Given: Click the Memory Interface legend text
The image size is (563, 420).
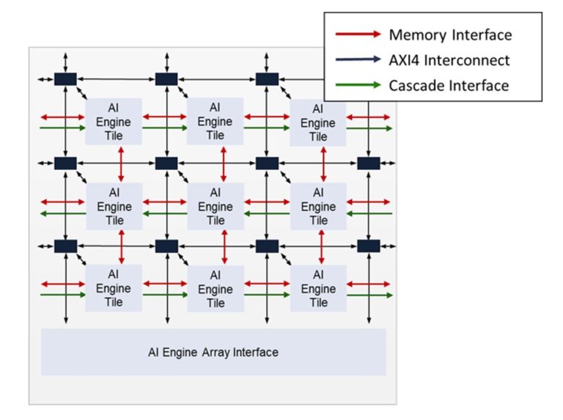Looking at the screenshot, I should pyautogui.click(x=450, y=34).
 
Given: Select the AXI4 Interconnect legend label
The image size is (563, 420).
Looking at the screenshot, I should pyautogui.click(x=449, y=60).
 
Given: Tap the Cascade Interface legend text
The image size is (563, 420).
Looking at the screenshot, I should pyautogui.click(x=449, y=86).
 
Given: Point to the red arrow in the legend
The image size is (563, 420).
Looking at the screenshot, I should pyautogui.click(x=357, y=34).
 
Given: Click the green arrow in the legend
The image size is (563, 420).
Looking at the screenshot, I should pyautogui.click(x=357, y=85).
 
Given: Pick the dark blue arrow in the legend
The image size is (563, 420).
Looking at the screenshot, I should pyautogui.click(x=357, y=60).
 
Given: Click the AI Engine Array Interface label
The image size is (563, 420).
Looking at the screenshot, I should pyautogui.click(x=213, y=353).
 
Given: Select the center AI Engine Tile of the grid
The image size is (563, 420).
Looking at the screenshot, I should pyautogui.click(x=216, y=206).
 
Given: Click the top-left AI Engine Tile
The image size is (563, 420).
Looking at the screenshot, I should pyautogui.click(x=114, y=122).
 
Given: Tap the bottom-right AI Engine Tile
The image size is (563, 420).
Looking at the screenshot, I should pyautogui.click(x=318, y=288).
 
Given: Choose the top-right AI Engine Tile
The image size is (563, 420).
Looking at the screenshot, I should pyautogui.click(x=318, y=122).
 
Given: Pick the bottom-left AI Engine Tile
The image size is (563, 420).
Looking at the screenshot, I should pyautogui.click(x=114, y=288).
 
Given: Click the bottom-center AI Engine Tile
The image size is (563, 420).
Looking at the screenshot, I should pyautogui.click(x=216, y=289).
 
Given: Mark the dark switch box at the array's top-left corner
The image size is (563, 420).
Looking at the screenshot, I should pyautogui.click(x=65, y=78).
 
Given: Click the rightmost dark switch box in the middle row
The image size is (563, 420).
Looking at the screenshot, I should pyautogui.click(x=368, y=163).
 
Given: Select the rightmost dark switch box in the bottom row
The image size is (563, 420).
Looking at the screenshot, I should pyautogui.click(x=368, y=246).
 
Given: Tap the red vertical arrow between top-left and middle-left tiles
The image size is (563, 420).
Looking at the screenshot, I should pyautogui.click(x=121, y=163).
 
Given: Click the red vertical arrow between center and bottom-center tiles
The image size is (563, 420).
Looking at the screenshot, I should pyautogui.click(x=224, y=247).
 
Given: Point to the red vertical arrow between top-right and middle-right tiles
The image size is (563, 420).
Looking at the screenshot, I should pyautogui.click(x=323, y=164).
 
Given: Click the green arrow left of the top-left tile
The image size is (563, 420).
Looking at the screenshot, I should pyautogui.click(x=63, y=128).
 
